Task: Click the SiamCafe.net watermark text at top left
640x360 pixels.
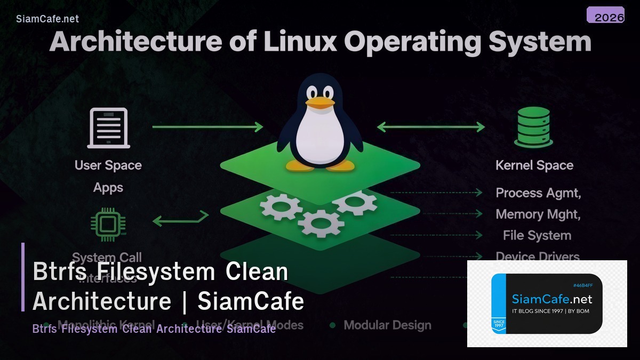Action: [47, 19]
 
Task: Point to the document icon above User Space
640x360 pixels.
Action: [108, 127]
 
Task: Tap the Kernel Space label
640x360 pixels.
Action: [534, 165]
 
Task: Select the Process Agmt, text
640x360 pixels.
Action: [538, 193]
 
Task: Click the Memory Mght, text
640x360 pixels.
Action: [538, 214]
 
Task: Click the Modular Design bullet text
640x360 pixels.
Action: [387, 325]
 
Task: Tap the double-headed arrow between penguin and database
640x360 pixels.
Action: [431, 127]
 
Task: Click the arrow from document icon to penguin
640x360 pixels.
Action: [207, 127]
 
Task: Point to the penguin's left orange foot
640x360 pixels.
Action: [299, 165]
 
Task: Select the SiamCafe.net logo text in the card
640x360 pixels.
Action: [552, 299]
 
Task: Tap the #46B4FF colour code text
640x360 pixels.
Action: [583, 285]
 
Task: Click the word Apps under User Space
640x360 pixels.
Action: [108, 188]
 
